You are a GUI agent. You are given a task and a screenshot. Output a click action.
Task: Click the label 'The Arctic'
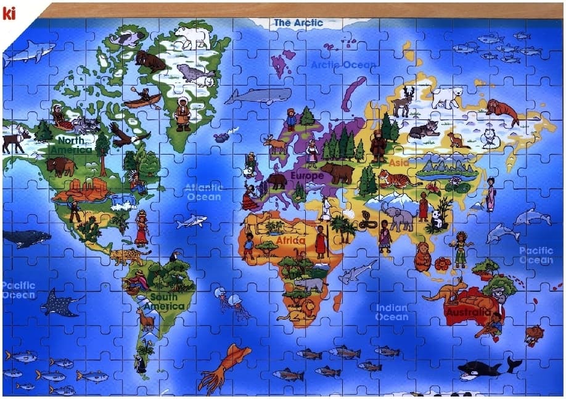pyautogui.click(x=298, y=23)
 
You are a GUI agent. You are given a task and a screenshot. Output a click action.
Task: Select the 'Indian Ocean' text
pyautogui.click(x=392, y=312)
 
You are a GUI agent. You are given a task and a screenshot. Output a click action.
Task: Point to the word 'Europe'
pyautogui.click(x=306, y=176)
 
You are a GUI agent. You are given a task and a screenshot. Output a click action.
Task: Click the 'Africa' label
pyautogui.click(x=290, y=241)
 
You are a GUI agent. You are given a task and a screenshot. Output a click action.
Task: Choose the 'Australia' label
pyautogui.click(x=469, y=312)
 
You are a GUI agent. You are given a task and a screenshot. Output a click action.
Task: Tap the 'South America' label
pyautogui.click(x=163, y=302)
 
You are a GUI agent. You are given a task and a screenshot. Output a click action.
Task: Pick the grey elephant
pyautogui.click(x=398, y=216)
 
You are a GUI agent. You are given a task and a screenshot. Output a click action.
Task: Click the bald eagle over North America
pyautogui.click(x=127, y=135)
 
